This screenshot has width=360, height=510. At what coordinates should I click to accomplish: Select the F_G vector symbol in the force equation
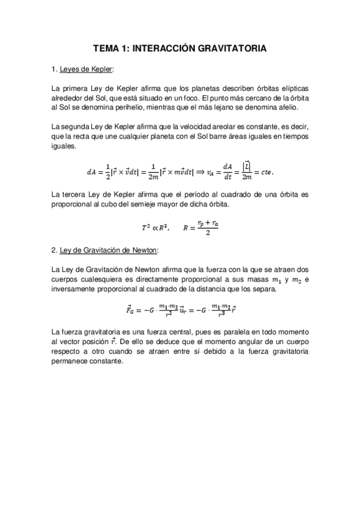pyautogui.click(x=130, y=310)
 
